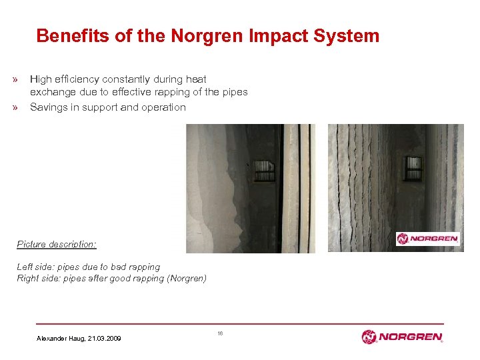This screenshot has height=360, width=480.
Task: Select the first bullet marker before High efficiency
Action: click(14, 80)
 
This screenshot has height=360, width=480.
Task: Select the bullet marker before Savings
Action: click(14, 107)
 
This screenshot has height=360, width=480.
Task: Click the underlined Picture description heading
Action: click(57, 245)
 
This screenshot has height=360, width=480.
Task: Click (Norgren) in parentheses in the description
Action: click(187, 278)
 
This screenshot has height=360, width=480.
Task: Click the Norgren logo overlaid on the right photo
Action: click(428, 239)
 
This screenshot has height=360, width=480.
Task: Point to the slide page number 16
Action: click(219, 332)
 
